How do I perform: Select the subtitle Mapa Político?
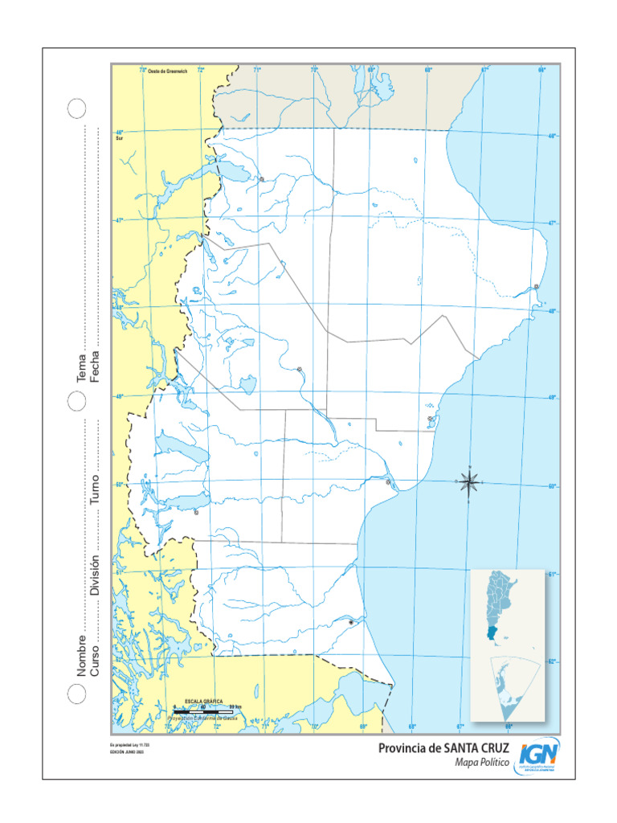[482, 764]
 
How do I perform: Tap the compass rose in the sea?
[470, 481]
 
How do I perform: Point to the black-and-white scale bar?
[203, 711]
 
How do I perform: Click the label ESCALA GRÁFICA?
[203, 702]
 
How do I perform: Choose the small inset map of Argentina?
[507, 606]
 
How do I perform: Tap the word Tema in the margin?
[80, 369]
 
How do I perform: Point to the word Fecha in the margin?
[94, 366]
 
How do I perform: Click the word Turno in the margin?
[94, 490]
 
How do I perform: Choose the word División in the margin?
[94, 575]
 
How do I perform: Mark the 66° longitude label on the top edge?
[541, 70]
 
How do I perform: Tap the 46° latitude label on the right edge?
[552, 136]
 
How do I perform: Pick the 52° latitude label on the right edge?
[552, 661]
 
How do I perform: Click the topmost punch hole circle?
[76, 109]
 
